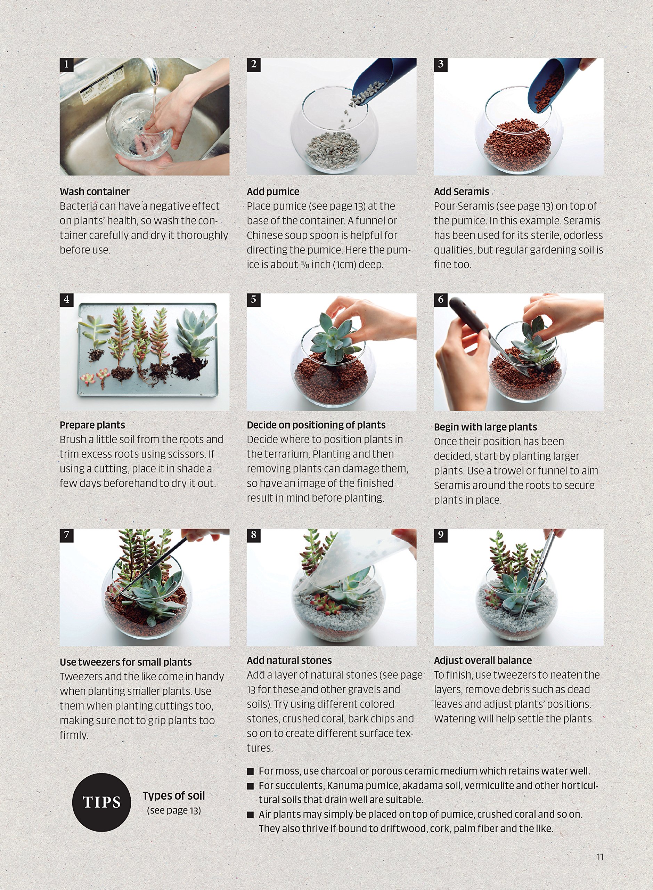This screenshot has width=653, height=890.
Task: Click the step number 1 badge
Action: point(66,64)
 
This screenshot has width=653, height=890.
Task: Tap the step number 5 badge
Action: point(253,300)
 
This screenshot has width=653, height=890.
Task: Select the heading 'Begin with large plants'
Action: point(485,427)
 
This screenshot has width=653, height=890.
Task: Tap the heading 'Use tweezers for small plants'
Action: point(126,662)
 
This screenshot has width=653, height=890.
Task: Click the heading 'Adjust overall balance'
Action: point(483,660)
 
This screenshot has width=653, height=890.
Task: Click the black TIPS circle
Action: point(101,803)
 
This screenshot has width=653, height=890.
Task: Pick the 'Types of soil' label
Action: point(174,795)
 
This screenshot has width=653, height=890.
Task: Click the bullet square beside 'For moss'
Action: point(250,771)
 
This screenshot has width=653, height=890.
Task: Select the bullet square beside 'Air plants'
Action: point(250,815)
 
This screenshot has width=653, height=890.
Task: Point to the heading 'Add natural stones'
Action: point(289,660)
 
